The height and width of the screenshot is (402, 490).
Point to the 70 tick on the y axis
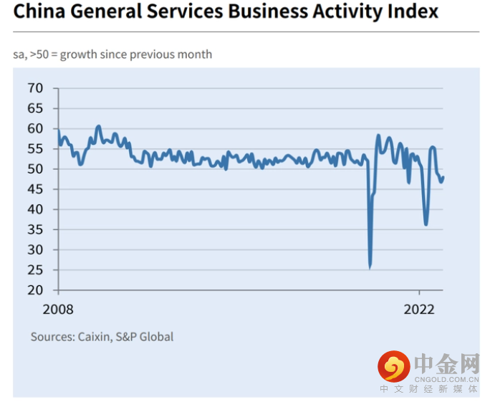35,88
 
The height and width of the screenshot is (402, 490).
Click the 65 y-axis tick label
35,108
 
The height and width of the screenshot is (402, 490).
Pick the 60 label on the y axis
35,128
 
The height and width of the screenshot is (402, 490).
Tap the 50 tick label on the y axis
35,169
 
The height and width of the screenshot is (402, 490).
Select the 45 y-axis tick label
35,189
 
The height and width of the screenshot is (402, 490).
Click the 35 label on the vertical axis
35,229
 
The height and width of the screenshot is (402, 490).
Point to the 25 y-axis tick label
35,270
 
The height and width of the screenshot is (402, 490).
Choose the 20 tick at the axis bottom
35,290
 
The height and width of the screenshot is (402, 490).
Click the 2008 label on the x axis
59,310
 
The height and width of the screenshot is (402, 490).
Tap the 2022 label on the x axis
420,310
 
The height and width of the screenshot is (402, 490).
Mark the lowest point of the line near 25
370,267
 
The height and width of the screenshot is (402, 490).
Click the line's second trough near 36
426,224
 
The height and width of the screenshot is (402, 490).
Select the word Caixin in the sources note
96,336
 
